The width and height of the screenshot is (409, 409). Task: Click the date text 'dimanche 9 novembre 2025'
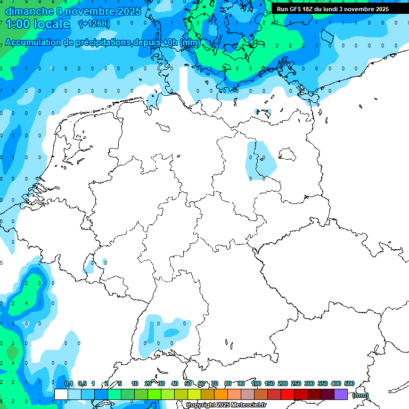[73, 11]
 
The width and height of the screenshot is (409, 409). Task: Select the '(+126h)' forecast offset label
[94, 23]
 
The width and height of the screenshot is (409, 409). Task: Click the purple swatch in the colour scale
[341, 394]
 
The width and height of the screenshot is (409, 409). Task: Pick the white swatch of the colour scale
[61, 394]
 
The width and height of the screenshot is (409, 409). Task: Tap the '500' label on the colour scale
[349, 383]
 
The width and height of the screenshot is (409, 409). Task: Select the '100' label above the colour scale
[256, 383]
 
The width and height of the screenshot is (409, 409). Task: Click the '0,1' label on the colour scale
[69, 383]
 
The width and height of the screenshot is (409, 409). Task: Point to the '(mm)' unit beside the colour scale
[361, 395]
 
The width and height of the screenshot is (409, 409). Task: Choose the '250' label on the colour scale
[296, 383]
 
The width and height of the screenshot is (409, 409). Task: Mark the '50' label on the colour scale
[188, 383]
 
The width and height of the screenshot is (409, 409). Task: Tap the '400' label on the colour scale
[336, 383]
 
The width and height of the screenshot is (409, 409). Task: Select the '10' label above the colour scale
[135, 383]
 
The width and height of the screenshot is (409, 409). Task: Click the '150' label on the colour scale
[269, 383]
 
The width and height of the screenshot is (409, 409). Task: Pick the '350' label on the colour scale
[322, 383]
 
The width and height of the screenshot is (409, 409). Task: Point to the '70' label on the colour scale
[215, 383]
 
